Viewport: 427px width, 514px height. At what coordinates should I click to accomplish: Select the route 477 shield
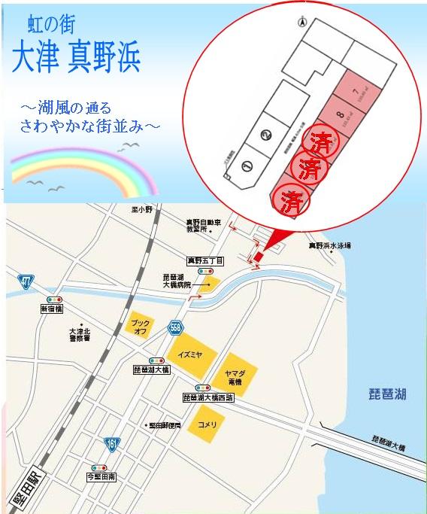26,282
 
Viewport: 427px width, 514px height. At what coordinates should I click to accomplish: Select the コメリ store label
207,425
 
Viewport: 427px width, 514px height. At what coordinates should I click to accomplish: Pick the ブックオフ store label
141,325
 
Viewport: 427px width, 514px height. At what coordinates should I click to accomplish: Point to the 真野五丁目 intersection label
206,260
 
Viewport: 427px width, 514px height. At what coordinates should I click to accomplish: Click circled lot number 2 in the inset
265,136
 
